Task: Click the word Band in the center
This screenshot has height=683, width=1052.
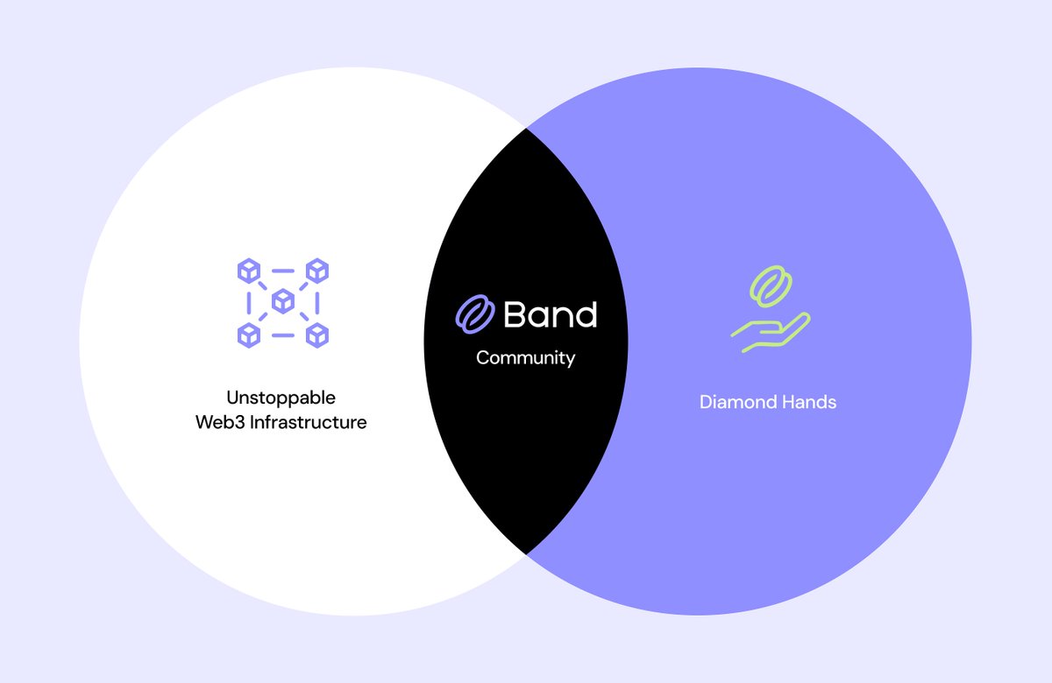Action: tap(551, 314)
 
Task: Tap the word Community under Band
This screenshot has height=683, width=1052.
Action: tap(525, 358)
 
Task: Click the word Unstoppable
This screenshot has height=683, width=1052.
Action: tap(281, 398)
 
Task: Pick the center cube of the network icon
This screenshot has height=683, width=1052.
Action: tap(283, 302)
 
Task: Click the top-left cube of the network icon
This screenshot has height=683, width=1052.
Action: tap(249, 271)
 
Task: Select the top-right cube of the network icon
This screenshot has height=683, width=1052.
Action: tap(317, 271)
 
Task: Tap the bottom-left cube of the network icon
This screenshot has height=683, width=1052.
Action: tap(249, 334)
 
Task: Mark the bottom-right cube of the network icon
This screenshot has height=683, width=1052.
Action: tap(317, 334)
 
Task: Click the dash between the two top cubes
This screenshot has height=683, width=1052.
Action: tap(283, 271)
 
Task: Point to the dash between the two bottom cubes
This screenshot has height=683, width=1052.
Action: tap(283, 335)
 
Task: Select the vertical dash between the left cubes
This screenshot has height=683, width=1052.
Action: tap(249, 303)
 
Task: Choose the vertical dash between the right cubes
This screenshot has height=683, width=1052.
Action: tap(317, 303)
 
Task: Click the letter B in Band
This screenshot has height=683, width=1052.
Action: tap(515, 315)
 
